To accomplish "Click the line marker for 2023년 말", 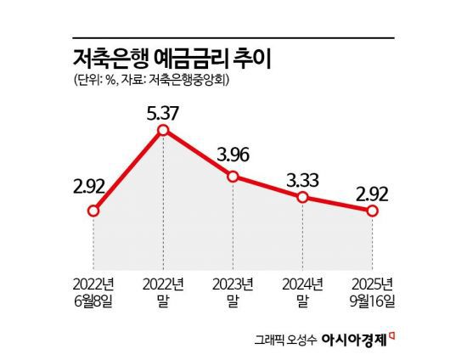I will tap(233, 176).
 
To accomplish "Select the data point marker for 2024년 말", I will tap(302, 197).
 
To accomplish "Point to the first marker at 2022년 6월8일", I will tap(94, 210).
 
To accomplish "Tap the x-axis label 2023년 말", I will tap(233, 290).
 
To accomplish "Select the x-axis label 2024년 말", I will tap(302, 290).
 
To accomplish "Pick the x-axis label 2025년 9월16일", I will tap(371, 290).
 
